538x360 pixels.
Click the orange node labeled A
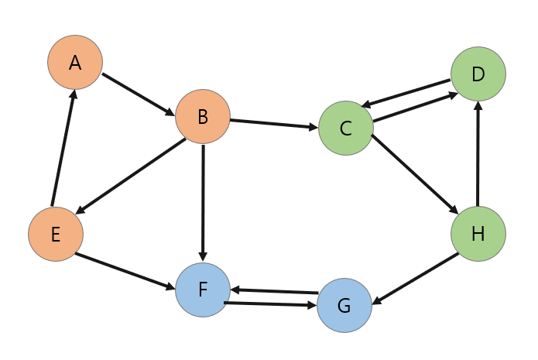(x=75, y=62)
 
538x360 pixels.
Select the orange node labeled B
(x=203, y=117)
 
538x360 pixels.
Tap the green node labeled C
(x=345, y=129)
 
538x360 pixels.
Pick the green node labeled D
(x=478, y=74)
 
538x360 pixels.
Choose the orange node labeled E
(x=56, y=234)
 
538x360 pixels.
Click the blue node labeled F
(x=203, y=290)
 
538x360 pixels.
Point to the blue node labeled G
(x=344, y=305)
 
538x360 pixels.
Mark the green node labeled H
(x=478, y=234)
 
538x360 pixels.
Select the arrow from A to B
(x=139, y=94)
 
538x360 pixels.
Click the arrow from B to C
(x=274, y=124)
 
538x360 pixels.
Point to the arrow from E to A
(x=63, y=148)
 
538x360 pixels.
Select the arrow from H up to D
(x=478, y=155)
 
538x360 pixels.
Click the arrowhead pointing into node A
(x=73, y=94)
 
